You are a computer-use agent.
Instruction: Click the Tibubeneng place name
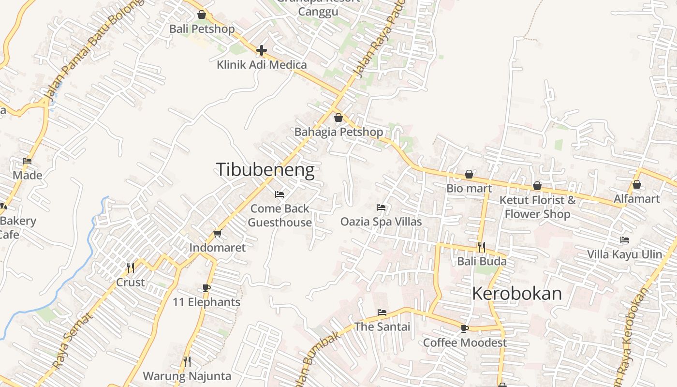(x=265, y=170)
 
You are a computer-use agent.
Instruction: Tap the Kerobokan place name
(x=516, y=294)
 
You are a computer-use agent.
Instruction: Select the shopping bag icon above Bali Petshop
(x=202, y=15)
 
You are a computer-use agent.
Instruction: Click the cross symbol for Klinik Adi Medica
(x=262, y=50)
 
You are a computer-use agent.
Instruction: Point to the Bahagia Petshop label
(x=338, y=132)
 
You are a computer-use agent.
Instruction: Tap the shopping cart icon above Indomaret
(x=217, y=234)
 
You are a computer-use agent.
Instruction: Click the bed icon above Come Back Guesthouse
(x=280, y=194)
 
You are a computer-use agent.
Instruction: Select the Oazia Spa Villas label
(x=381, y=222)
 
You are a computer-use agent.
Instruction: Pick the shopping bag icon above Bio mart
(x=469, y=175)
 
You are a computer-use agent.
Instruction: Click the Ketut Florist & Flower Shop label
(x=537, y=207)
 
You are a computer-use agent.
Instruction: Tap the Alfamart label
(x=636, y=199)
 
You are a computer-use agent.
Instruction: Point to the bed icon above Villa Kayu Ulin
(x=625, y=240)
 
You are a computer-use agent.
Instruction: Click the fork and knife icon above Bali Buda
(x=481, y=247)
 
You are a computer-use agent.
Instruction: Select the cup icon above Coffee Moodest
(x=465, y=328)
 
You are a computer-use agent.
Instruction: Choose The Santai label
(x=382, y=327)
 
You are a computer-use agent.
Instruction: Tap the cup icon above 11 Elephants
(x=206, y=288)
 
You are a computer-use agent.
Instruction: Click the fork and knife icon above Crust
(x=130, y=268)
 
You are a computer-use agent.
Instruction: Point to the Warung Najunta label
(x=187, y=376)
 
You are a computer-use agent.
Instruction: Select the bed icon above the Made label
(x=27, y=161)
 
